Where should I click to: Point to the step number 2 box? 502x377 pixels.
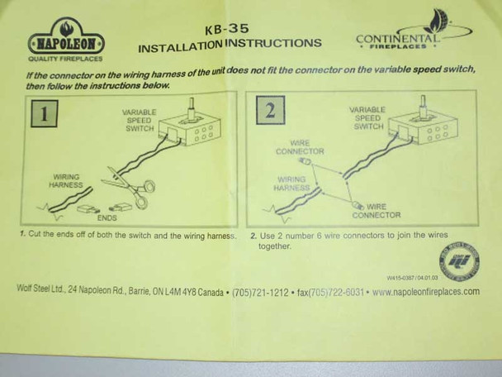(269, 110)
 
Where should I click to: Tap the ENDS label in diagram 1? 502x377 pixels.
(107, 218)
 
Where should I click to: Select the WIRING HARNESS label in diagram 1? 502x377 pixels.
(66, 179)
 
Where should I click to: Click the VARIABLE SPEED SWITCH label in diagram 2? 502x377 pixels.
(367, 118)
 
